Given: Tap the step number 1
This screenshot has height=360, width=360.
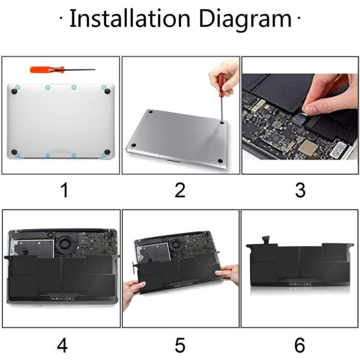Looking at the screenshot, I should click(x=63, y=190).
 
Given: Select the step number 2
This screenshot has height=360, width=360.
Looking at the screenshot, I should click(x=180, y=190).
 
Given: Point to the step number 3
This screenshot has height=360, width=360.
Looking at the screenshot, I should click(x=300, y=190).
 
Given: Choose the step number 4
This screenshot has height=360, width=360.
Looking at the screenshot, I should click(x=62, y=345).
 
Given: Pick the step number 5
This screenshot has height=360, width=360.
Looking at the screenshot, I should click(x=180, y=345).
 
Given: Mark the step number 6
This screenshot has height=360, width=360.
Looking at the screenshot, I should click(x=300, y=345).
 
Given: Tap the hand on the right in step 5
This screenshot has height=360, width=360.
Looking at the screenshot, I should click(x=229, y=274).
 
